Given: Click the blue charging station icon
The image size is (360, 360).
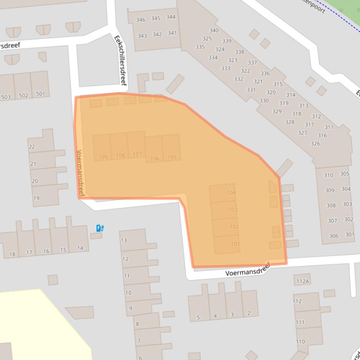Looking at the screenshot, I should click(x=100, y=228).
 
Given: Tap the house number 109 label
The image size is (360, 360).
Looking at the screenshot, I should click(x=103, y=157).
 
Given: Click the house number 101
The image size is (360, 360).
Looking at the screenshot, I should click(x=235, y=244).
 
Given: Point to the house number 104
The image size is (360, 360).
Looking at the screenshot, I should click(x=231, y=193).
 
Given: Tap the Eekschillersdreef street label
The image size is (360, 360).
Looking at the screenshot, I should click(x=120, y=60).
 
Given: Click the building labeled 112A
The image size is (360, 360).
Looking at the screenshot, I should click(x=302, y=281).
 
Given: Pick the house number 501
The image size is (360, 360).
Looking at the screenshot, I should click(x=41, y=94).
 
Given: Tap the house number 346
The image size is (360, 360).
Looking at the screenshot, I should click(x=140, y=20).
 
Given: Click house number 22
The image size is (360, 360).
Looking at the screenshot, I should click(x=32, y=147).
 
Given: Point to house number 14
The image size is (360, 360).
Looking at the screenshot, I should click(x=80, y=248).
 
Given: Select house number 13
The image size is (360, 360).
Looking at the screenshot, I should click(x=124, y=241).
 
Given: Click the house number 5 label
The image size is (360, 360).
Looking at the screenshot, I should click(x=198, y=317).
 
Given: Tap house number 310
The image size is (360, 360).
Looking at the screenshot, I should click(x=328, y=175).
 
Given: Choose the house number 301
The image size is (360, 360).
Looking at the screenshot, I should click(x=349, y=235).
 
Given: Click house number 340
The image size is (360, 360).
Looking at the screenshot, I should click(x=214, y=30).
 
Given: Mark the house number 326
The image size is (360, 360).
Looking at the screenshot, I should click(x=315, y=144).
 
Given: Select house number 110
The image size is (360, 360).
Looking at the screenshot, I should click(x=301, y=342).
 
